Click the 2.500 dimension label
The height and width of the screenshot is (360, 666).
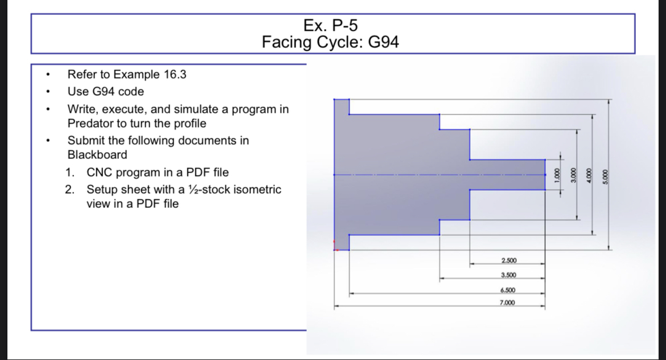508,261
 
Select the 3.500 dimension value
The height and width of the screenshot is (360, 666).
508,275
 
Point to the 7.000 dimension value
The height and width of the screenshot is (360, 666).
507,302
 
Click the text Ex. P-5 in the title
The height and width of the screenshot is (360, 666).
331,26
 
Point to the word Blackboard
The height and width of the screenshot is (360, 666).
97,155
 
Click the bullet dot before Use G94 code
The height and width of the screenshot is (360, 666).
49,92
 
